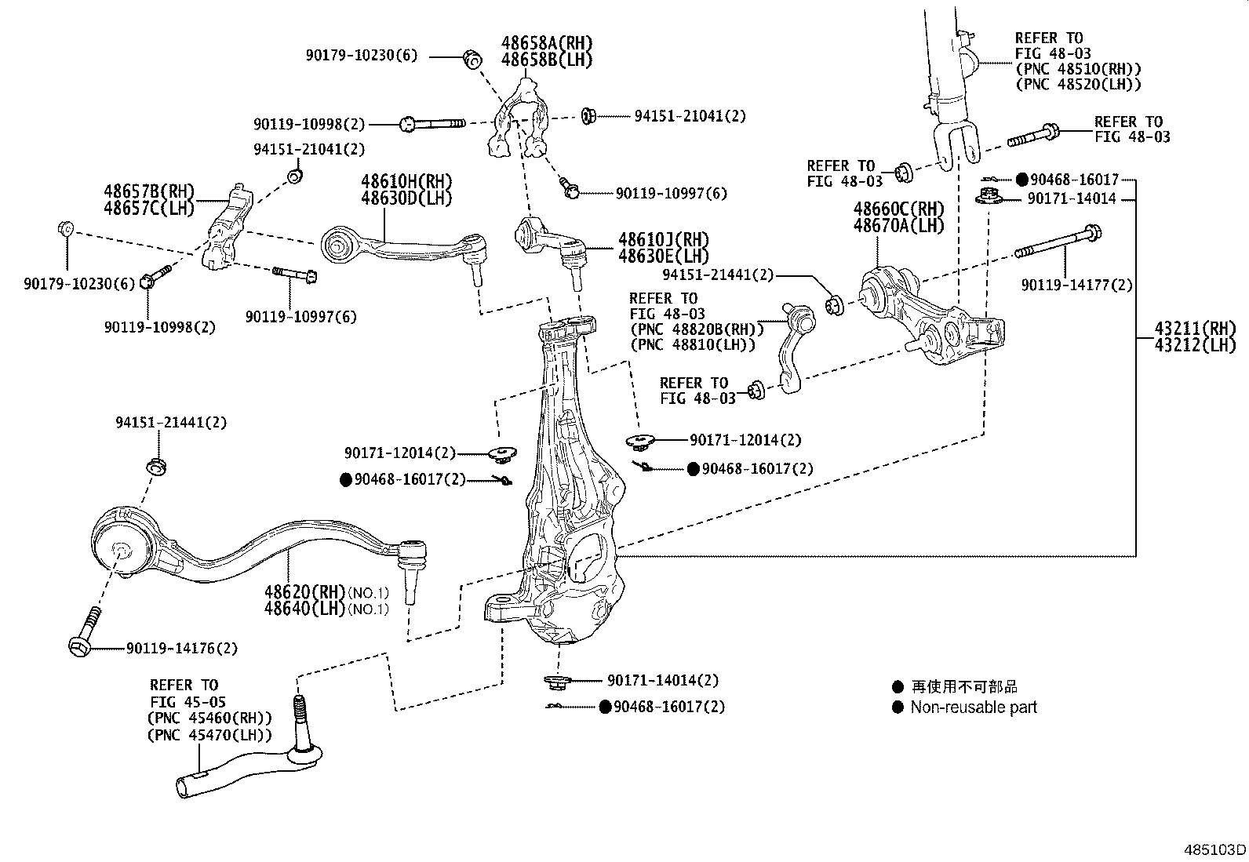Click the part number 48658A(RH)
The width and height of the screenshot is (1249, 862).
click(x=547, y=43)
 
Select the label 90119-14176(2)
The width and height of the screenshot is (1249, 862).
click(x=181, y=649)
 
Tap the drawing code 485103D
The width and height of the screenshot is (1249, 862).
click(x=1214, y=849)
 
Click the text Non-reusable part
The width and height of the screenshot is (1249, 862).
click(x=974, y=707)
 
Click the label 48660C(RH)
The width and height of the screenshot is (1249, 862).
click(x=899, y=209)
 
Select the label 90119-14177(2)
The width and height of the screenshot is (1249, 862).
click(x=1076, y=286)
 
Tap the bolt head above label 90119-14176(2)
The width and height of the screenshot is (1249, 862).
click(x=81, y=645)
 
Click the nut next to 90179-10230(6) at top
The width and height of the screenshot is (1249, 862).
click(x=472, y=58)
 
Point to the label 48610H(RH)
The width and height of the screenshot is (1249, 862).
click(x=406, y=182)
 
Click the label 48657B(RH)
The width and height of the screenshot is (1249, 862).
click(x=149, y=191)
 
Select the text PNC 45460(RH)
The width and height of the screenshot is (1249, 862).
click(x=210, y=718)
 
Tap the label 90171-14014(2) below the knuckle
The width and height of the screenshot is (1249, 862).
click(x=662, y=681)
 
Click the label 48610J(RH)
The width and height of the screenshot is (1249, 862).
click(x=663, y=239)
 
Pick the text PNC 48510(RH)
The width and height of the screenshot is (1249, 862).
click(x=1079, y=69)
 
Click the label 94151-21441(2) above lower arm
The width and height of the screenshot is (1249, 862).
click(x=171, y=423)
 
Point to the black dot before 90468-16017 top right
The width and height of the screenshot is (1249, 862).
click(x=1021, y=180)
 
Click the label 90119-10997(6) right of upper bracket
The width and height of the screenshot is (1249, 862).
click(x=671, y=193)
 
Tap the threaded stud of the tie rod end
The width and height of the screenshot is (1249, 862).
click(x=299, y=715)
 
